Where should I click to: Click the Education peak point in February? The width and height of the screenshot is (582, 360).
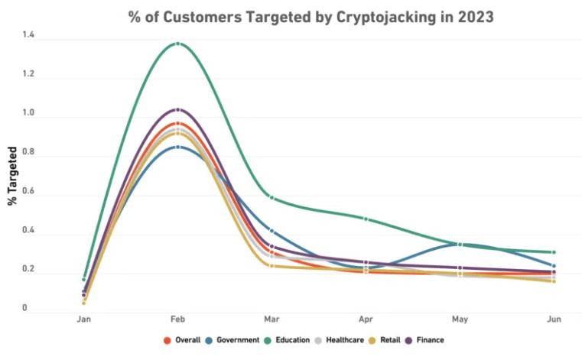(177, 44)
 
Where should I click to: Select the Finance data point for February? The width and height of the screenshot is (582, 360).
(177, 109)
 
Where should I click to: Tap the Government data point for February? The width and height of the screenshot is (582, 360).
(177, 147)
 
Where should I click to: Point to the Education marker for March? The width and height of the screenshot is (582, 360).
(271, 198)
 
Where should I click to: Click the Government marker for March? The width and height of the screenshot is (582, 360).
(271, 230)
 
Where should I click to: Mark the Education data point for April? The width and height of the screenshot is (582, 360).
(366, 219)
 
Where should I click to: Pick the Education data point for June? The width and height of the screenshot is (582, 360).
(554, 252)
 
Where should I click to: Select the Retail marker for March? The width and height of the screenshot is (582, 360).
(271, 265)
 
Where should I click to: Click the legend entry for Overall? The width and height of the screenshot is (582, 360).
(183, 340)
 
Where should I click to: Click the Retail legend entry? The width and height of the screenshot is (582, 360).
(388, 340)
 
